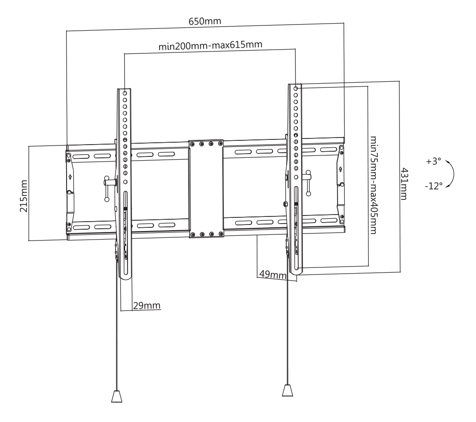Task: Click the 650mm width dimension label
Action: [205, 21]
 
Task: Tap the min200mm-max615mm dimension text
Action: [211, 45]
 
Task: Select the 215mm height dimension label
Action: [24, 196]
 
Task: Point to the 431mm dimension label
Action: [404, 184]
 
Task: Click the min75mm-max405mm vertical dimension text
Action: [373, 185]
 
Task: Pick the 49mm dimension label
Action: [272, 275]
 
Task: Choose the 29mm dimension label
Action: [146, 305]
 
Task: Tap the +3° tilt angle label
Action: [433, 161]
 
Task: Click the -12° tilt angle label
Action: [433, 186]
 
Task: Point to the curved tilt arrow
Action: [453, 174]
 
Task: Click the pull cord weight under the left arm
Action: [117, 396]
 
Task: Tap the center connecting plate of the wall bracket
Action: [206, 189]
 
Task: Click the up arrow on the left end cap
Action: [70, 177]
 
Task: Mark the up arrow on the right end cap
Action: [340, 169]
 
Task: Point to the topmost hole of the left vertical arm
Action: [125, 93]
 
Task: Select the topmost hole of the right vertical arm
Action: [296, 88]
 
